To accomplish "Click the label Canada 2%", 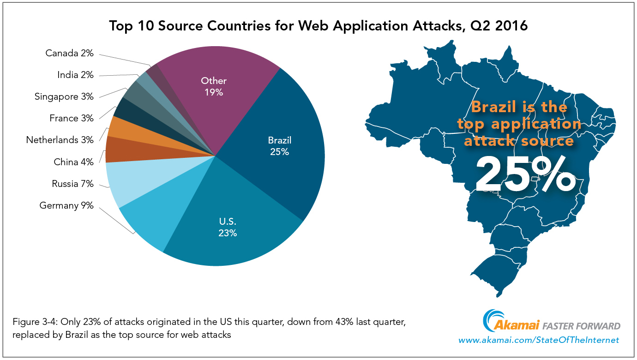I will (69, 53).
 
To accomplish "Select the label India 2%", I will (75, 75).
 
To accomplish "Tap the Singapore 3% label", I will (64, 96).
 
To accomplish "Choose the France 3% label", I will (71, 118).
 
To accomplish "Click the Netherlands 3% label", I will (60, 140).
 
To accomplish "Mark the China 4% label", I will (73, 162).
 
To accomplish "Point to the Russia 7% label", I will (72, 184).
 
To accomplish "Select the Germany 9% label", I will (66, 205).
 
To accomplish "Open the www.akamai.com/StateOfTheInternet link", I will (538, 340).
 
